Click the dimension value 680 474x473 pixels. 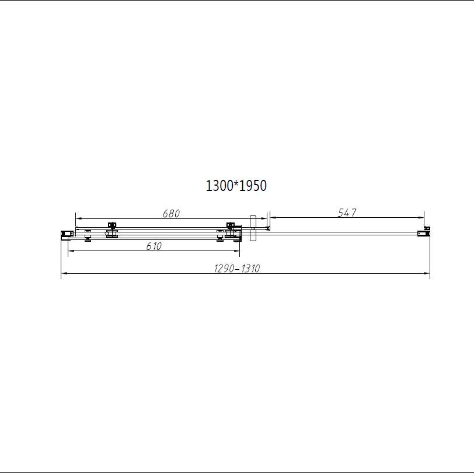click(171, 214)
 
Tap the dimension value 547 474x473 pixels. click(347, 213)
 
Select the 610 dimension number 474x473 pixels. click(154, 246)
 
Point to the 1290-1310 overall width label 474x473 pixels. click(236, 268)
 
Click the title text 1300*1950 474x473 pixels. click(236, 186)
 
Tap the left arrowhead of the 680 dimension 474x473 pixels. click(78, 218)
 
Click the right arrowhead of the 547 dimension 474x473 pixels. click(421, 217)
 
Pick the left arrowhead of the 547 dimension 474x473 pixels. click(273, 217)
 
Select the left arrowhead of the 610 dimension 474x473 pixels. click(71, 251)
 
